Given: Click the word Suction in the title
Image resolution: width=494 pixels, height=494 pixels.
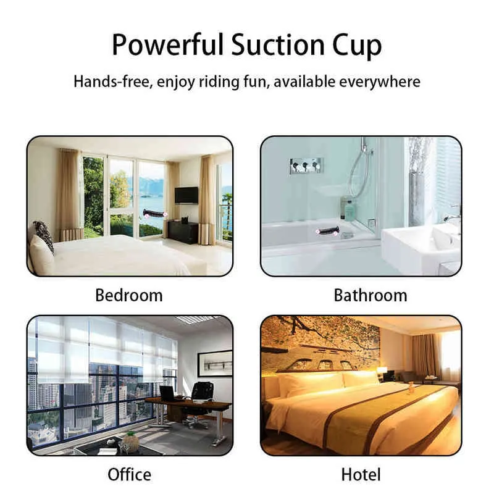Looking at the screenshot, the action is (x=278, y=44).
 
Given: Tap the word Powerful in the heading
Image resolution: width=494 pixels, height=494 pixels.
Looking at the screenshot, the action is (x=167, y=44).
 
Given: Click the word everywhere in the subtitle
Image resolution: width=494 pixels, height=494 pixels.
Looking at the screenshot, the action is (x=380, y=82).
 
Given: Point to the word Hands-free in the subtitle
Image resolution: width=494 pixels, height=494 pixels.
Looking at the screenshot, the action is (x=112, y=82).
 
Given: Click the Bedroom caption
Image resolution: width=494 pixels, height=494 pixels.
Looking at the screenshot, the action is (x=129, y=296).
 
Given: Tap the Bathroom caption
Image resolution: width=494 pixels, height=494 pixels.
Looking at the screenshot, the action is (x=371, y=296).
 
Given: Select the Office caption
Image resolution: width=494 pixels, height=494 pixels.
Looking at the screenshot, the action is (x=129, y=474).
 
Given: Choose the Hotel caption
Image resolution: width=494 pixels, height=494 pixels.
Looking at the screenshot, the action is (x=361, y=474).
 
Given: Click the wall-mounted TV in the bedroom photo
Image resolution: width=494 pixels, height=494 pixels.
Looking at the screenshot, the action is (x=186, y=195).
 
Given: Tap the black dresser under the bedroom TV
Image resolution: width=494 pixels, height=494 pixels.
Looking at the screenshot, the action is (x=183, y=232).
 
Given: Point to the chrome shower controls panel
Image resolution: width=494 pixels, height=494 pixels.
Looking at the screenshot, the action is (x=306, y=165).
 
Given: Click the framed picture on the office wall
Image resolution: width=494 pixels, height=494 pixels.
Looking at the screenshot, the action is (x=215, y=364).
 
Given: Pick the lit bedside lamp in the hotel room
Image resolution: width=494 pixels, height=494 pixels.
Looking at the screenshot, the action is (x=382, y=371).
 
